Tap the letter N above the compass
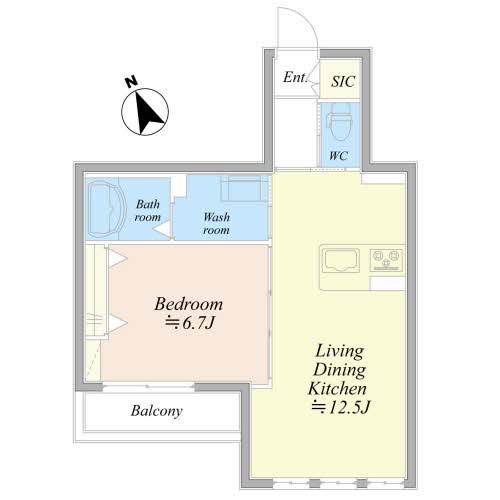click(x=131, y=81)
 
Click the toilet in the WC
click(x=340, y=122)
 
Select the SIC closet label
click(x=343, y=81)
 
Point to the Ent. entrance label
click(x=295, y=77)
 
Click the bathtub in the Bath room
click(x=106, y=209)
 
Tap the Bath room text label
click(x=148, y=211)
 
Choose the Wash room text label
click(x=217, y=224)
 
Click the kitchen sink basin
click(x=341, y=260)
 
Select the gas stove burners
click(x=386, y=260)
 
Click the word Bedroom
click(x=188, y=304)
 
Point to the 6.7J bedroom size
click(x=189, y=322)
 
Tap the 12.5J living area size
click(x=341, y=407)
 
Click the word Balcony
click(x=157, y=411)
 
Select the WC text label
click(x=339, y=156)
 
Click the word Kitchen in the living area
click(x=337, y=389)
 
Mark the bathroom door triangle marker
click(x=163, y=230)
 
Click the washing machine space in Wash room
click(x=244, y=189)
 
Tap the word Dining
click(x=339, y=370)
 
